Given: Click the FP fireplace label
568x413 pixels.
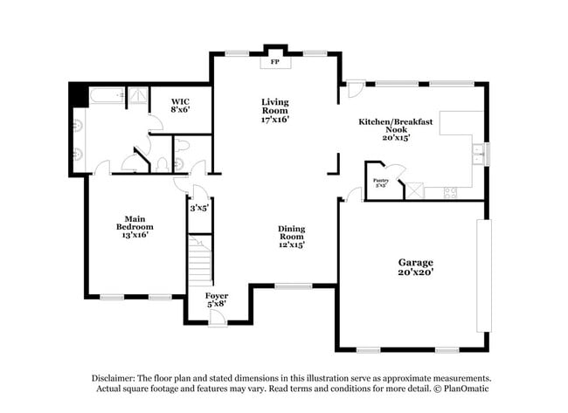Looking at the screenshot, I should pyautogui.click(x=274, y=63).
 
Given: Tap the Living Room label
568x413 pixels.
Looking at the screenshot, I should pyautogui.click(x=274, y=110).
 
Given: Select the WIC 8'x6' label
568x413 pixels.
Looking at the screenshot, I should pyautogui.click(x=180, y=106).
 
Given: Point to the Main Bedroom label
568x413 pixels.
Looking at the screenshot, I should pyautogui.click(x=134, y=227).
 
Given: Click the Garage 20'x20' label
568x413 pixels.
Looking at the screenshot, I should pyautogui.click(x=416, y=267).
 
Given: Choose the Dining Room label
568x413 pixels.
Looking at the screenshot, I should pyautogui.click(x=291, y=237).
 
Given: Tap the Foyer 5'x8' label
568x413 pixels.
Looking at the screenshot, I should pyautogui.click(x=217, y=300).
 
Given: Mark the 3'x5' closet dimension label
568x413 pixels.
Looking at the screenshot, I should pyautogui.click(x=200, y=208).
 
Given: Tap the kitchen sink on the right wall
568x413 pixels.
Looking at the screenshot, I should pyautogui.click(x=477, y=154).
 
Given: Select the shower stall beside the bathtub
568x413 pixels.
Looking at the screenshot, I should pyautogui.click(x=138, y=96).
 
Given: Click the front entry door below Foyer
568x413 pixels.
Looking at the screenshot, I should pyautogui.click(x=218, y=319).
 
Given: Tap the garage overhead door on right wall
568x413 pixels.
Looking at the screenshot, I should pyautogui.click(x=483, y=275).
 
